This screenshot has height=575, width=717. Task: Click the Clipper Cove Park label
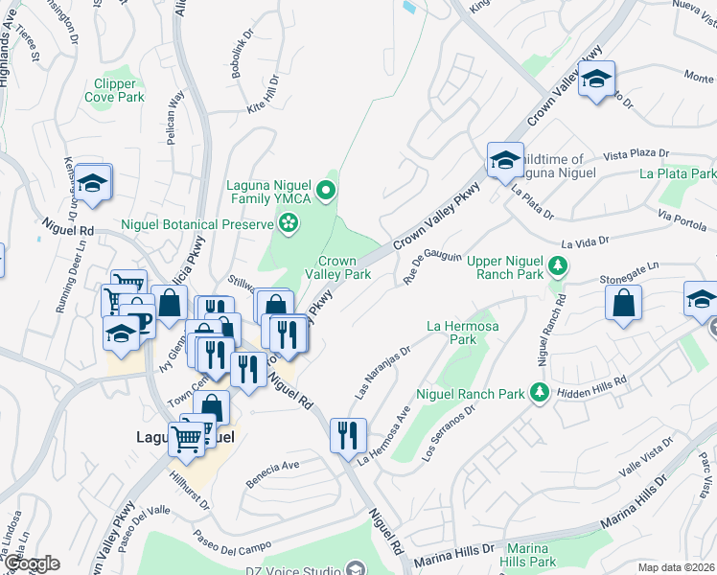(114, 90)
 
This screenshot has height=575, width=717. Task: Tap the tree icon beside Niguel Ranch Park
(541, 393)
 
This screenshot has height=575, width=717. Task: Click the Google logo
(32, 564)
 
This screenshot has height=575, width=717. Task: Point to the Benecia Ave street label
(273, 466)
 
